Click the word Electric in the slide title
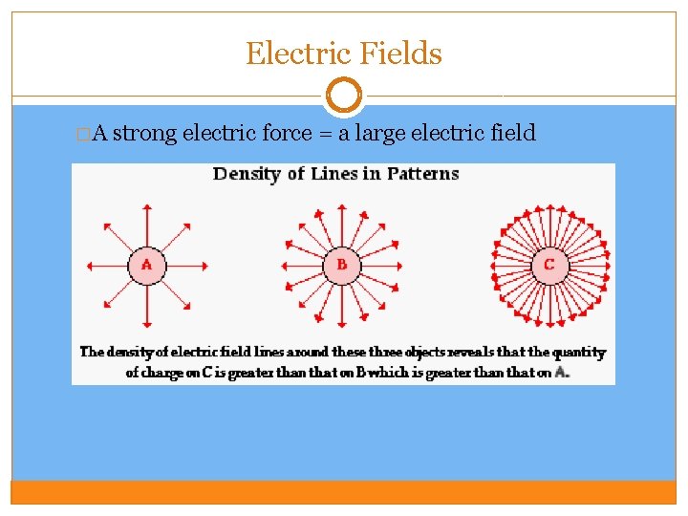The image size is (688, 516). pos(290,54)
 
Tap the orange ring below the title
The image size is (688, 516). pos(344,96)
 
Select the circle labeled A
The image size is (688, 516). pos(146,265)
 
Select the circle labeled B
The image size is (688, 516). pos(341,265)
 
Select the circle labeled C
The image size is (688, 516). pos(548,265)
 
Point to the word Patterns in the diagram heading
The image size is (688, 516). pos(422,174)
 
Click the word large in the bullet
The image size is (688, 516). pos(379,134)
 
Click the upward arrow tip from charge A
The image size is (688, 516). pos(146,204)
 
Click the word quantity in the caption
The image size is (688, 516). pos(579,352)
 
